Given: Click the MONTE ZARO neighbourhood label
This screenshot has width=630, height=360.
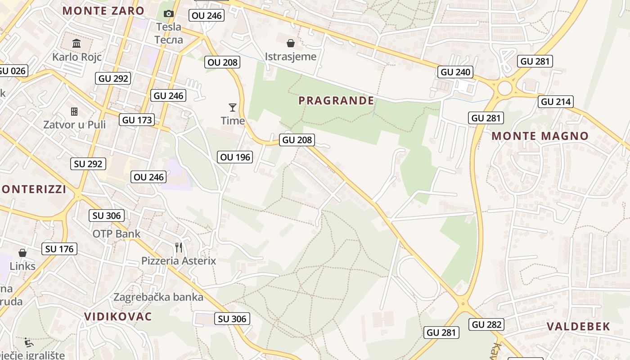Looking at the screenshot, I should (x=103, y=11).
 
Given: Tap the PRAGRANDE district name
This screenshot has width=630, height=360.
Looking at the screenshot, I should (x=336, y=100).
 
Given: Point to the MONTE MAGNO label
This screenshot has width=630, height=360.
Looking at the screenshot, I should (x=540, y=136).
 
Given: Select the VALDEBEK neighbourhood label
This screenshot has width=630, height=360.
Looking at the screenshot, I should (x=579, y=327).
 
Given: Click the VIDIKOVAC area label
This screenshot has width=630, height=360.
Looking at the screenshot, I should (x=118, y=316).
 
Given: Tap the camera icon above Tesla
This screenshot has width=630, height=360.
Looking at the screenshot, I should (x=169, y=14).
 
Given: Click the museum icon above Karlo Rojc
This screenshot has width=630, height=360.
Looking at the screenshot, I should (x=76, y=44).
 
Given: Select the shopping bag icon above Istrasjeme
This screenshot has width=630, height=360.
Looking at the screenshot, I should (x=291, y=43).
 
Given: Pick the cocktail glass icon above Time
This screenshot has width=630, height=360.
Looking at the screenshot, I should (x=233, y=107).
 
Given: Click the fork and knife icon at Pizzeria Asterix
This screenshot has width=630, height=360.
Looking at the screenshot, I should (x=179, y=247).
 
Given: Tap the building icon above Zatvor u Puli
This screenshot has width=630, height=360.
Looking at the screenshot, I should (x=74, y=111).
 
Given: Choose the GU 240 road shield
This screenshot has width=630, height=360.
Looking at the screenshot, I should (x=455, y=72).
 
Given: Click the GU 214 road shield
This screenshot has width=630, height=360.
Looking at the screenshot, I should (x=556, y=102).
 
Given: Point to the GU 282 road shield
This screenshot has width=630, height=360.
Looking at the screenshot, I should (x=487, y=324).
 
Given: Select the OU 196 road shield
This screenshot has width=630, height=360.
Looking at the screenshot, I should (x=235, y=157).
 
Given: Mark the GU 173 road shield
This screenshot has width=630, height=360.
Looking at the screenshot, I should (x=137, y=120).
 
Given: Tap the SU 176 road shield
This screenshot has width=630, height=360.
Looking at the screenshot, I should (x=59, y=249).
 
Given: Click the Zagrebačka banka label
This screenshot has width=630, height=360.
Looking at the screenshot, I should (x=158, y=297).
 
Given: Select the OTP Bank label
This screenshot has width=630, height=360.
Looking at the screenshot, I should (x=117, y=234).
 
